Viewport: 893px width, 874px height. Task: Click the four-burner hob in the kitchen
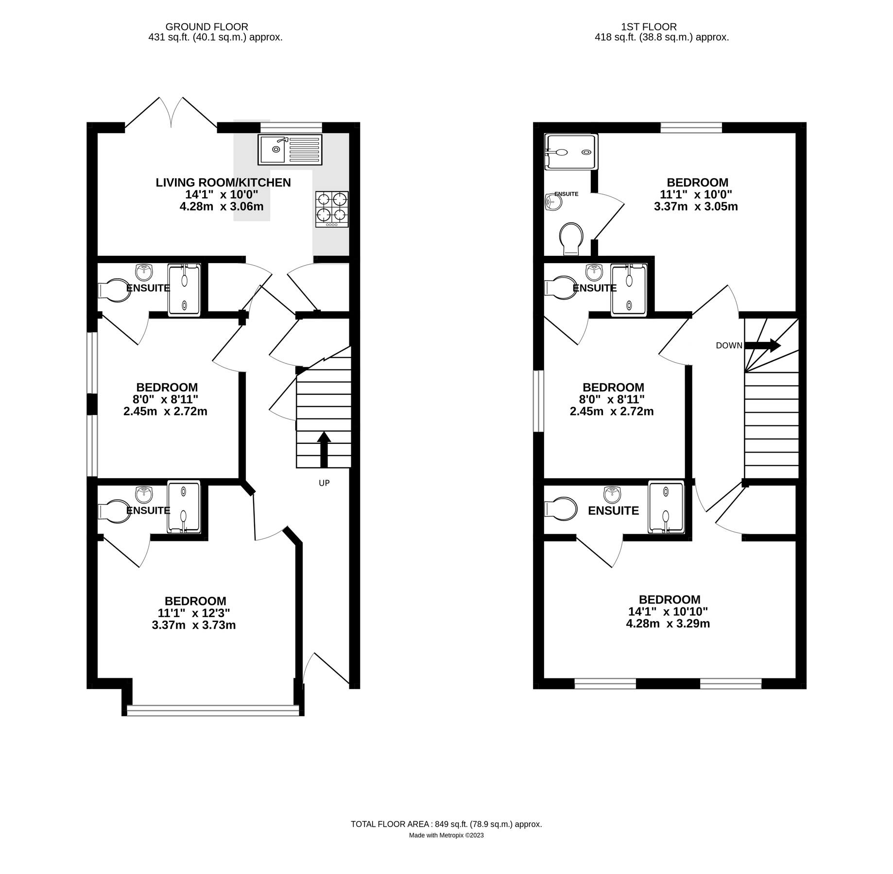pyautogui.click(x=332, y=209)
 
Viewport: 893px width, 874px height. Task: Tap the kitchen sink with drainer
pyautogui.click(x=290, y=150)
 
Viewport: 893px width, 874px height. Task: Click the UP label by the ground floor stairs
pyautogui.click(x=324, y=483)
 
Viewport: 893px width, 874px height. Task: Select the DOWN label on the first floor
pyautogui.click(x=729, y=346)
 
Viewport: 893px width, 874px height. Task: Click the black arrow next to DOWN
pyautogui.click(x=762, y=345)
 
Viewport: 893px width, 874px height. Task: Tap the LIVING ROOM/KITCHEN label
pyautogui.click(x=223, y=183)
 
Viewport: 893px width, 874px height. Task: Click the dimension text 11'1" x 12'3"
pyautogui.click(x=194, y=613)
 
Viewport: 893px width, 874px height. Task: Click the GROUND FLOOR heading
pyautogui.click(x=206, y=27)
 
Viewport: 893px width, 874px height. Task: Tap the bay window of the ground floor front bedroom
pyautogui.click(x=213, y=711)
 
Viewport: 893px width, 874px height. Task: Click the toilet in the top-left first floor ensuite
pyautogui.click(x=571, y=238)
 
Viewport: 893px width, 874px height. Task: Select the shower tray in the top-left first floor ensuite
pyautogui.click(x=570, y=151)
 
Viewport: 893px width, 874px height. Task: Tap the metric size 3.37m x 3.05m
pyautogui.click(x=696, y=206)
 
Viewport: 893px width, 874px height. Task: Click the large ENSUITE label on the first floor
pyautogui.click(x=613, y=511)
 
